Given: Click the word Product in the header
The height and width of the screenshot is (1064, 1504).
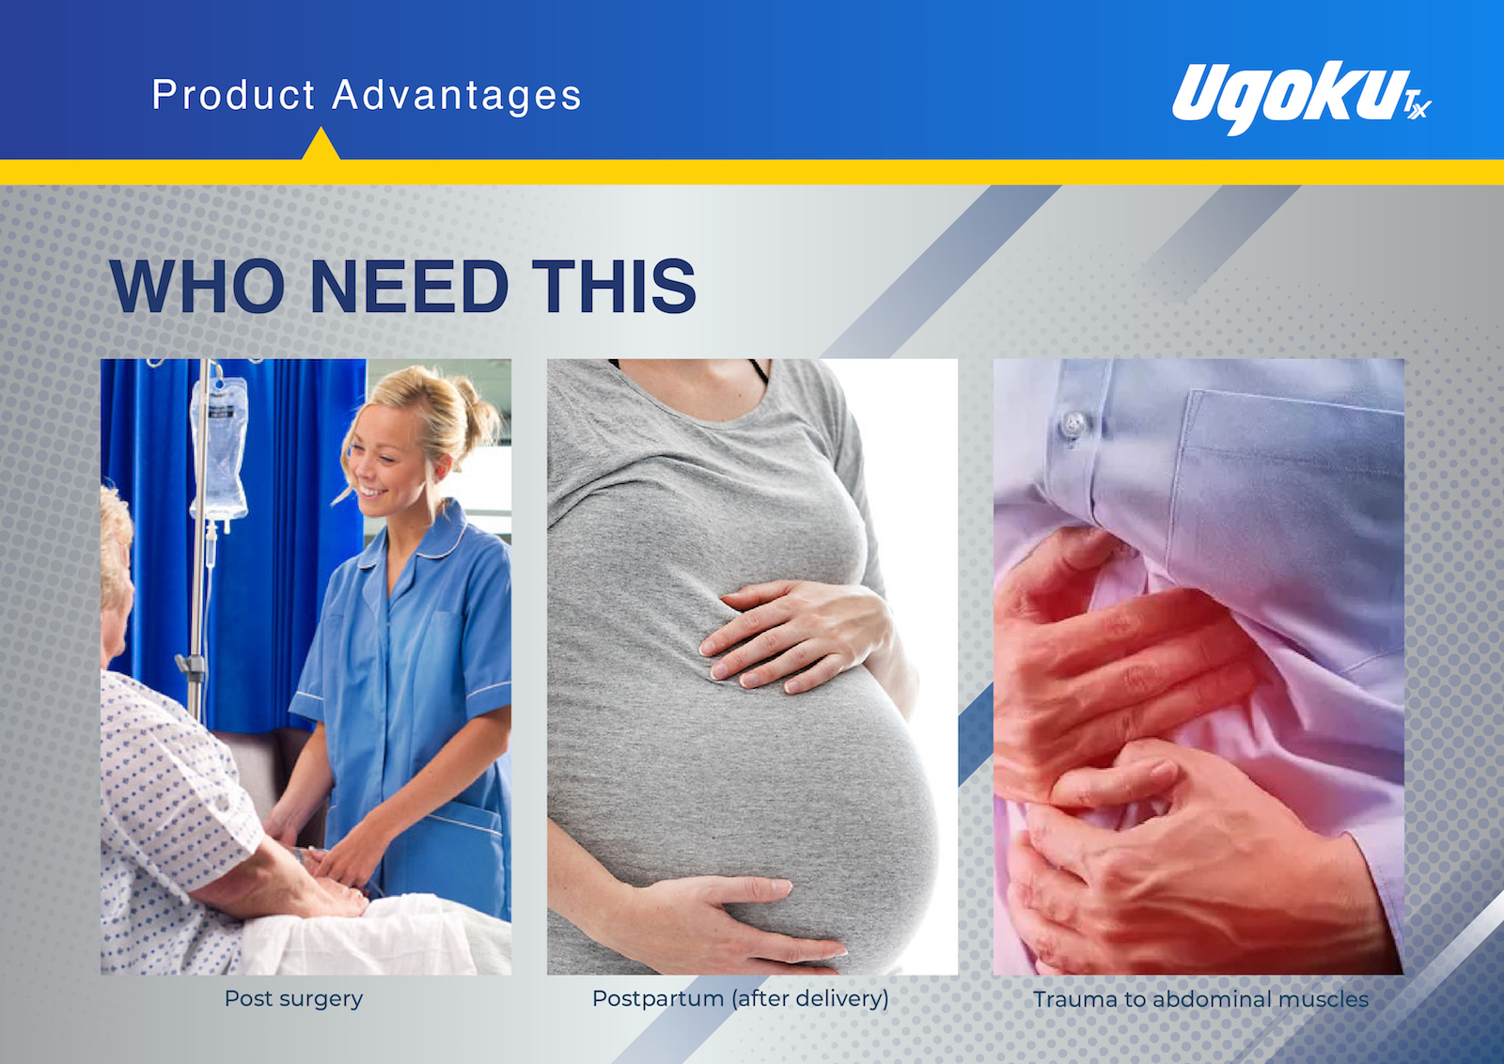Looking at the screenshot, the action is click(233, 95).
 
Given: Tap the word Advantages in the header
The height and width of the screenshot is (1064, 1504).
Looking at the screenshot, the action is click(457, 95).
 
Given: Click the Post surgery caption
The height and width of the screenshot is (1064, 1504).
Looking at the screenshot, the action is click(293, 999).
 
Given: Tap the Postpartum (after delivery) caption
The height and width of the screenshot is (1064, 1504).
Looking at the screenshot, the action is click(741, 999).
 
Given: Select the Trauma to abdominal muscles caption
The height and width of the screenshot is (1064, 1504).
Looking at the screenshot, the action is click(1200, 999).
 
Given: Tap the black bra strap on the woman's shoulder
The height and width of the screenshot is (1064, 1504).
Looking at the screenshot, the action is click(759, 371).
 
